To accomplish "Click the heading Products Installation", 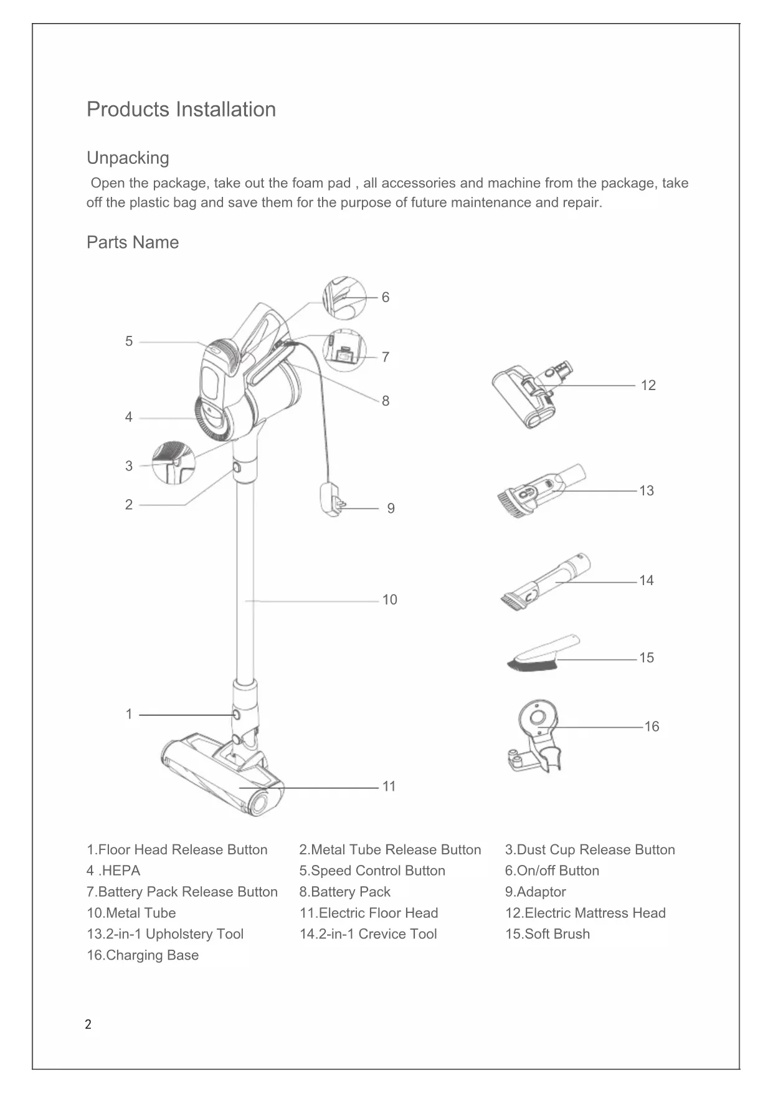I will [181, 110].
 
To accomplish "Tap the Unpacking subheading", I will [128, 158].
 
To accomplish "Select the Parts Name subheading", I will [133, 242].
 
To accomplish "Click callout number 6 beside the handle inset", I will [386, 298].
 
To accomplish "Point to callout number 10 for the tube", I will [389, 600].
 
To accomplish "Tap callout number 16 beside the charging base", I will [651, 727].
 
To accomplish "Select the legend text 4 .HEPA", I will [113, 871].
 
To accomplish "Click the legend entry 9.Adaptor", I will [535, 892].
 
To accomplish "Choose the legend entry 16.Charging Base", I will [143, 955].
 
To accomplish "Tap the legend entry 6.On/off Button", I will [552, 871].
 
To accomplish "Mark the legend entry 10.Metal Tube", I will [131, 914].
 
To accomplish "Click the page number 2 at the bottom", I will [88, 1024].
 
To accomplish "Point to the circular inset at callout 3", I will [173, 462].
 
